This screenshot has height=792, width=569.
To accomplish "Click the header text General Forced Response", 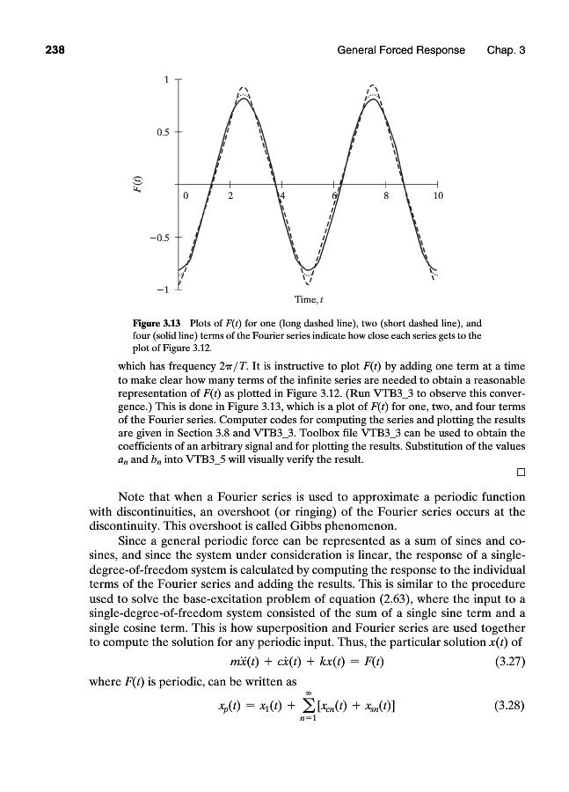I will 401,49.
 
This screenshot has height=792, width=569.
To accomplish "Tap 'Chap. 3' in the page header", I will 506,49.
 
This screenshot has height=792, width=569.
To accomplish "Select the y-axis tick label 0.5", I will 161,133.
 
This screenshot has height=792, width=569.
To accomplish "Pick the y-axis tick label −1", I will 162,290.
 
